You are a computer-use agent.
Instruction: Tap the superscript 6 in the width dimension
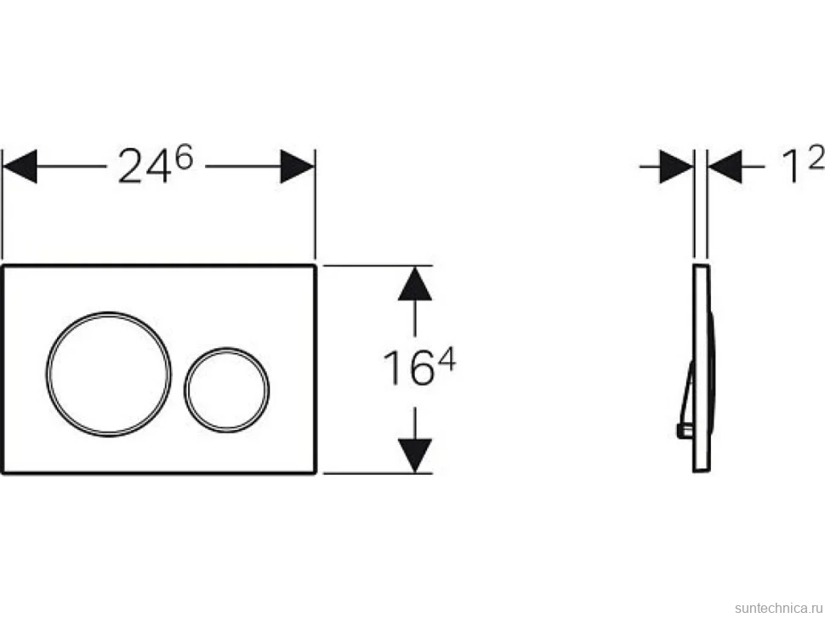pyautogui.click(x=185, y=157)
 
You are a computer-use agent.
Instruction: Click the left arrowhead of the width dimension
pyautogui.click(x=20, y=166)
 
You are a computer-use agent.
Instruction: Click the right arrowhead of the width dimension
pyautogui.click(x=298, y=166)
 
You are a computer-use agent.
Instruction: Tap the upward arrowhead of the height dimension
pyautogui.click(x=415, y=283)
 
